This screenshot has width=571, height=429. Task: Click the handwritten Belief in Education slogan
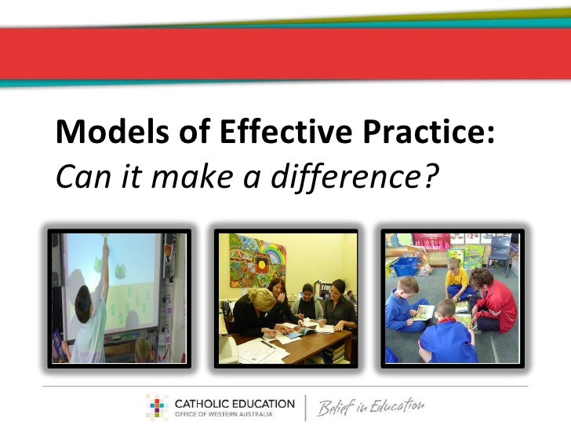click(x=369, y=408)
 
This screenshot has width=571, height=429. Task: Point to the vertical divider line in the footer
click(x=304, y=408)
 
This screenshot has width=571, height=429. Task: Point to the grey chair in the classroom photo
click(x=499, y=251)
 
